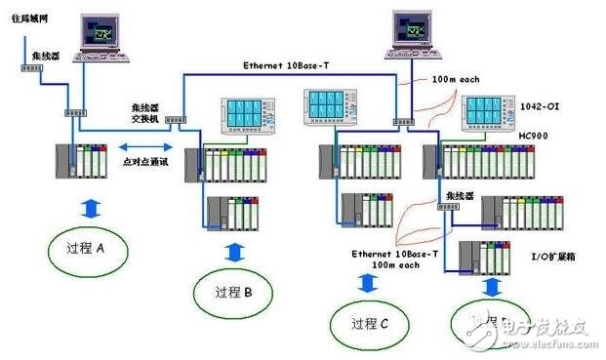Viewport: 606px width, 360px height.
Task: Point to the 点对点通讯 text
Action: (147, 163)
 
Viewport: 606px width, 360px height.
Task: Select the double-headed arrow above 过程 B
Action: (235, 251)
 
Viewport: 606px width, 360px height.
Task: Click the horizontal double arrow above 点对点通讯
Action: (147, 143)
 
